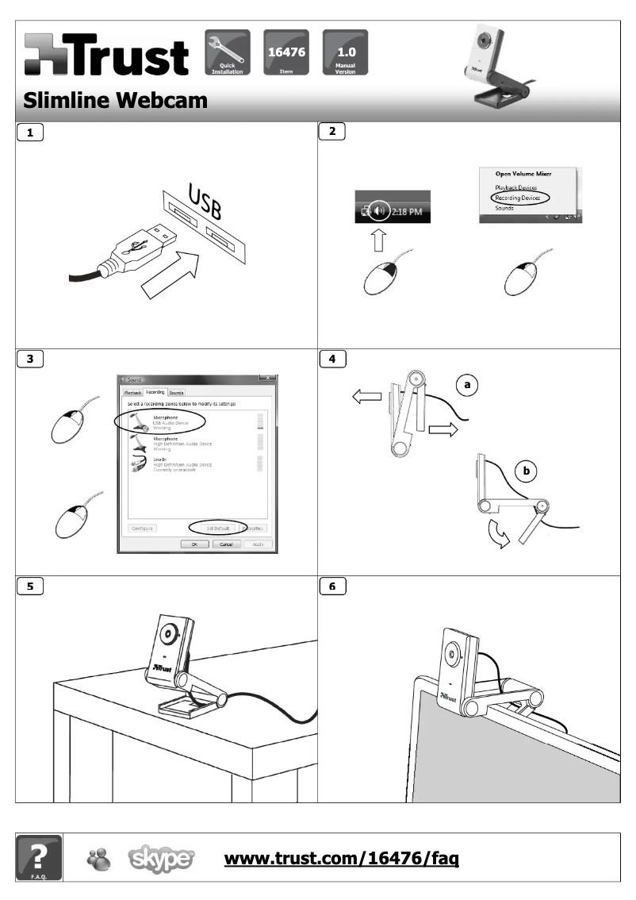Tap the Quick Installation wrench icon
coord(228,52)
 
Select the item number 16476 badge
coord(286,52)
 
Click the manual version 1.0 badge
coord(345,52)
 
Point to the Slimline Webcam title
coord(115,101)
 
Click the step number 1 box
coord(30,133)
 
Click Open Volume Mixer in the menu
coord(523,173)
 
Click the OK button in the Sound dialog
coord(194,544)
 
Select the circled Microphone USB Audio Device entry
coord(159,421)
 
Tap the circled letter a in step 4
coord(467,385)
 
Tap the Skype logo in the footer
coord(161,859)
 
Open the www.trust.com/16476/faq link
coord(342,858)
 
